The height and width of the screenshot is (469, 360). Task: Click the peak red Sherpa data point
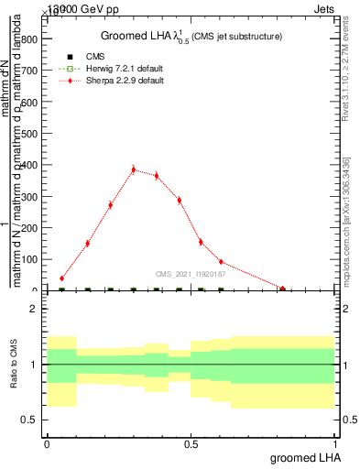134,169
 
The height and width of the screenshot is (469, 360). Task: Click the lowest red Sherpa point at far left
61,278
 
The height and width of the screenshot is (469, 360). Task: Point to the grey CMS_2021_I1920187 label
190,273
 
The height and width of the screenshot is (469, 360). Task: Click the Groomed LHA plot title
189,36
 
